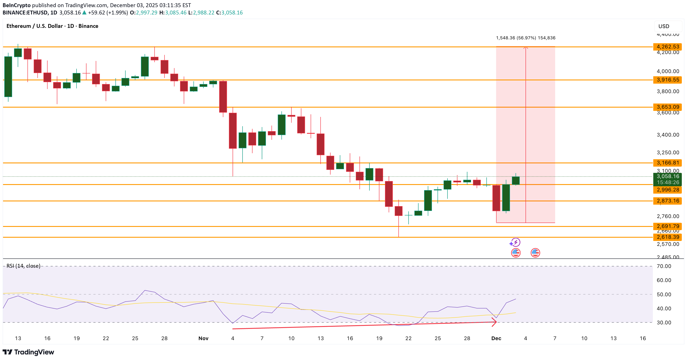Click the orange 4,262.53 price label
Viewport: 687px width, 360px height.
point(668,47)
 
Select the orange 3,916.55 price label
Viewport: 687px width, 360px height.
point(668,80)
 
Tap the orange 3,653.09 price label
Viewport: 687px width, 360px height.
point(668,107)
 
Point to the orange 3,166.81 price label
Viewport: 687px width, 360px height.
point(668,163)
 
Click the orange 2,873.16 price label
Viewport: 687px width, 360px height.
point(668,201)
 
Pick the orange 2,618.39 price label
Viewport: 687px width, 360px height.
point(668,237)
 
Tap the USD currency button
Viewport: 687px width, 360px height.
point(668,26)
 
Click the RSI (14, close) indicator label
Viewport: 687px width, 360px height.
point(24,266)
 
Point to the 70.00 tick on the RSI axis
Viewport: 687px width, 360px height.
point(664,266)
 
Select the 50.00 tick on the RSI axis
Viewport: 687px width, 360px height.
point(664,294)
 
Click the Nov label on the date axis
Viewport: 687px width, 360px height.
point(203,338)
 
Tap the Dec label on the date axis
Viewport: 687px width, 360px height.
point(496,338)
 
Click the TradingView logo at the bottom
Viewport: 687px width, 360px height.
point(28,352)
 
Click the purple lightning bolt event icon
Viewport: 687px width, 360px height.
point(516,242)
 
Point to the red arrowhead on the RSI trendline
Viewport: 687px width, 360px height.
point(494,322)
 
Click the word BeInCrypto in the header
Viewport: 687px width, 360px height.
point(16,5)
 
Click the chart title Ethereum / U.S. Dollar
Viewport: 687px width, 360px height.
point(35,26)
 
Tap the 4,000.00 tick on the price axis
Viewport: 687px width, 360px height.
point(668,71)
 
